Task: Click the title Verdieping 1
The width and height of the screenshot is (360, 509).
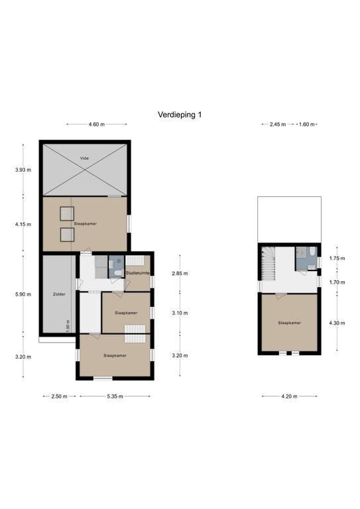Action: coord(180,115)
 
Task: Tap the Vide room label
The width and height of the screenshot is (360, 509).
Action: coord(84,158)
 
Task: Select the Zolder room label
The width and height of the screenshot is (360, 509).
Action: coord(59,294)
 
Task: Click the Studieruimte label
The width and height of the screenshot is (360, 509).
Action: coord(137,273)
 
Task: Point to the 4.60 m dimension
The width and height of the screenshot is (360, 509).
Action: coord(96,125)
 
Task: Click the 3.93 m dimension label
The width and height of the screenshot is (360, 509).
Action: coord(23,170)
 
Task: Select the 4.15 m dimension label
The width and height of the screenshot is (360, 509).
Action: coord(23,224)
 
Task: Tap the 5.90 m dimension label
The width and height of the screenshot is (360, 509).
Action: coord(23,294)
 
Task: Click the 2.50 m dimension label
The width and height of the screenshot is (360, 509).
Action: coord(59,396)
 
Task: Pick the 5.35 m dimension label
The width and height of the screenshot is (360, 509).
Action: coord(115,396)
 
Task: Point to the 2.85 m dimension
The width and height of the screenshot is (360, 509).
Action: coord(180,273)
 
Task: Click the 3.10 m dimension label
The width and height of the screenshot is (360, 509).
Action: coord(180,313)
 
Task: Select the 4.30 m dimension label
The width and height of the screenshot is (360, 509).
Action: coord(337,323)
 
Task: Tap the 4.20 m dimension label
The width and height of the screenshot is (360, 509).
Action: coord(289,396)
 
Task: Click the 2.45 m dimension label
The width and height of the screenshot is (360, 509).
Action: coord(278,125)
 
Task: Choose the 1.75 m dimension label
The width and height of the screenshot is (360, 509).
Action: coord(337,258)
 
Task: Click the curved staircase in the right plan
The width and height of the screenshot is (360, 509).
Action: coord(269,263)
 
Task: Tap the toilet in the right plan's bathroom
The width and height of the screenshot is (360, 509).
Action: coord(312,253)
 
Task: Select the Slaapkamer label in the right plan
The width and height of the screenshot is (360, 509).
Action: coord(289,323)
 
